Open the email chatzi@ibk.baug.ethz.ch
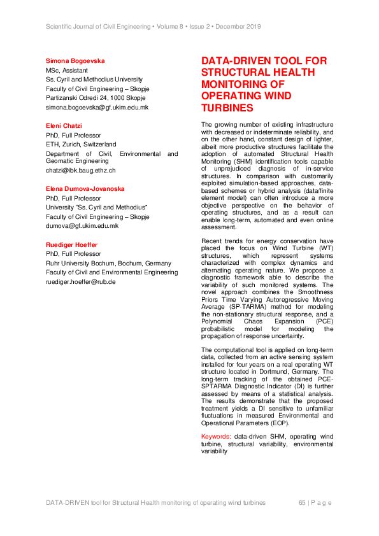(81, 171)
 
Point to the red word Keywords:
(216, 436)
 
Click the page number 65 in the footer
(303, 503)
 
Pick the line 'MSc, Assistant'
(67, 71)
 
